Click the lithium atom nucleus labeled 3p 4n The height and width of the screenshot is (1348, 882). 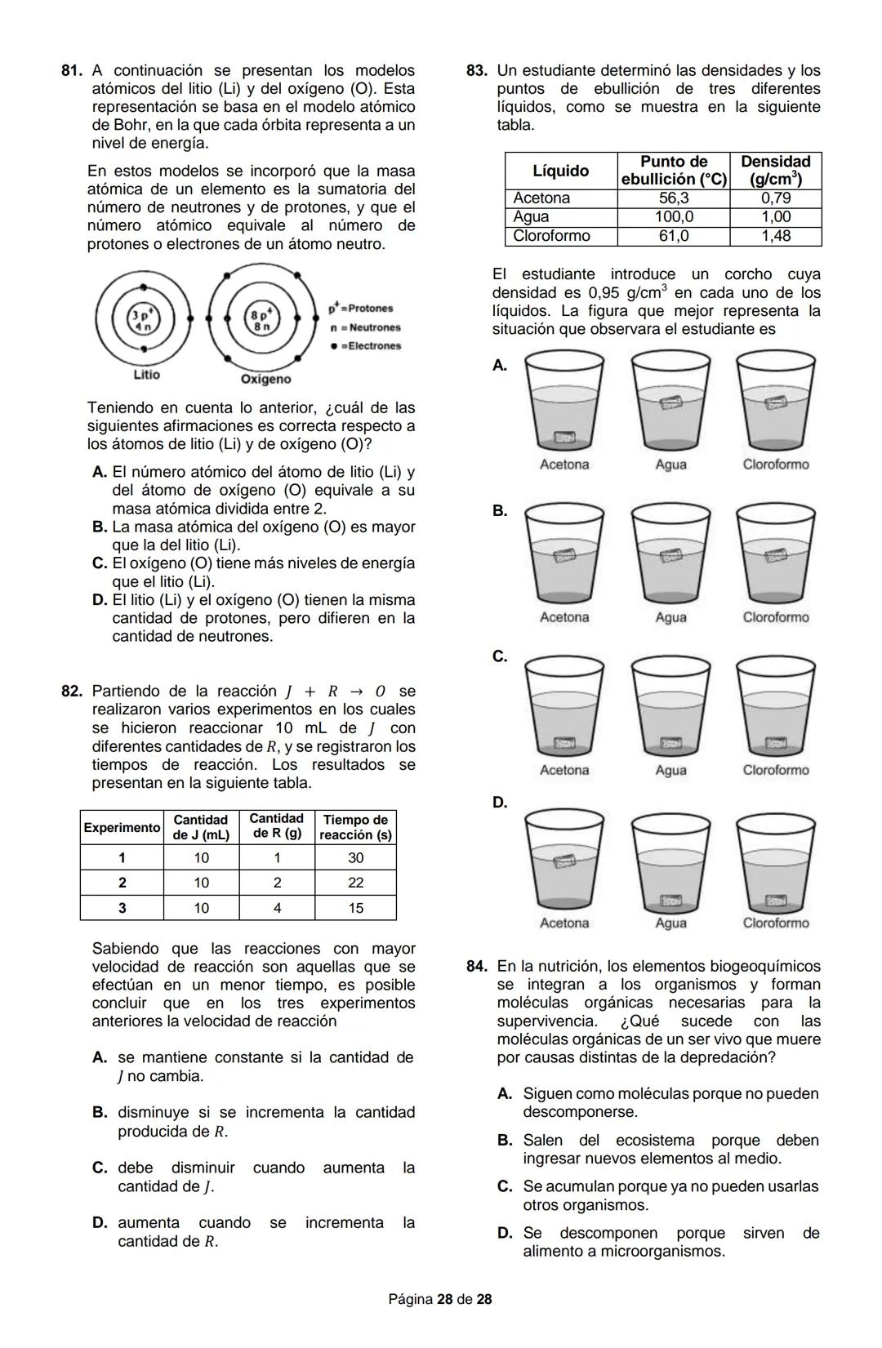coord(142,318)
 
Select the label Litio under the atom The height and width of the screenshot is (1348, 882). coord(146,374)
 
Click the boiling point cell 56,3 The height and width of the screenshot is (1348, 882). coord(673,198)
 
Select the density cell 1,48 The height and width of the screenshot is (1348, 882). coord(775,236)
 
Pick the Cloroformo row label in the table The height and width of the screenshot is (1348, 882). coord(551,236)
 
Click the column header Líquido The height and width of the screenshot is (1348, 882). coord(560,171)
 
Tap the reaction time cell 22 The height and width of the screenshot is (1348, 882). coord(355,883)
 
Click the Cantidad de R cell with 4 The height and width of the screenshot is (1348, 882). coord(277,908)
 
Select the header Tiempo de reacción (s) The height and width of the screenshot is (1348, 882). coord(355,827)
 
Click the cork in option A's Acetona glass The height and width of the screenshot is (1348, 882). coord(565,438)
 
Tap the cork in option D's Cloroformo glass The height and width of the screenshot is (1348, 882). coord(775,901)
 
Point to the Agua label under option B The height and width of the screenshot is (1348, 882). coord(670,617)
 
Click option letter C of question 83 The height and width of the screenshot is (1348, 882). coord(499,656)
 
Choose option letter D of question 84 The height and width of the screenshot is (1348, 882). coord(504,1233)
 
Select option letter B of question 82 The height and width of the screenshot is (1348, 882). coord(100,1112)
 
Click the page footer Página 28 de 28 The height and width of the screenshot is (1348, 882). coord(440,1299)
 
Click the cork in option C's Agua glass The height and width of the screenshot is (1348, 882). coord(670,744)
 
